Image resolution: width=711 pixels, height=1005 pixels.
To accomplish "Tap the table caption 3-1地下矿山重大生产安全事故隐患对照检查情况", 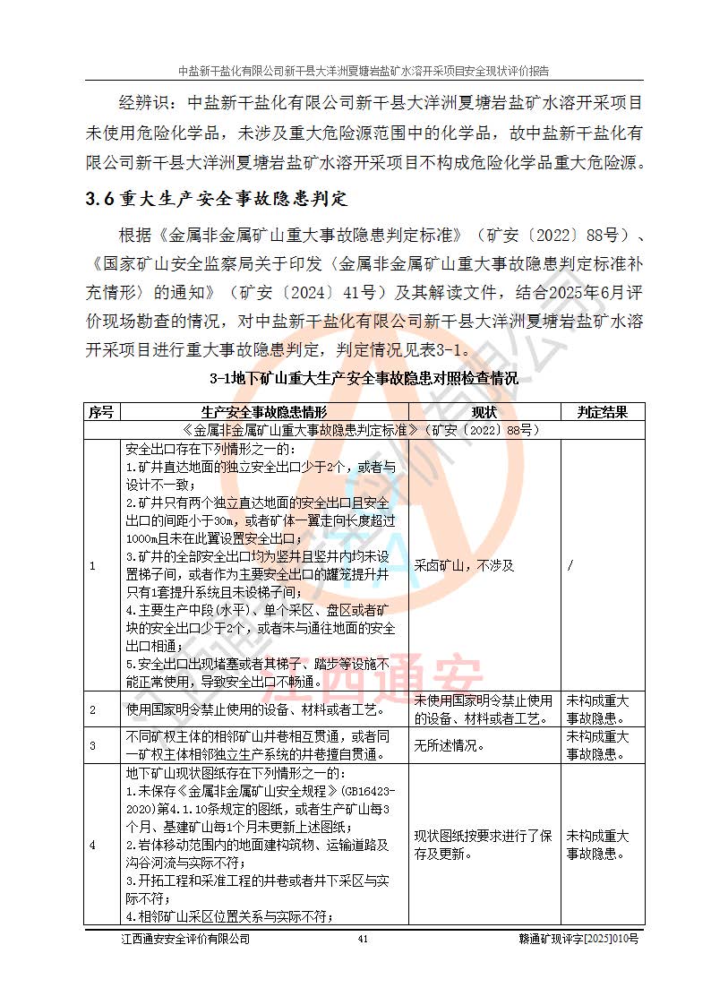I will click(364, 378).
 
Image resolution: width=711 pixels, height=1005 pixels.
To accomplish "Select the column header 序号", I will click(100, 412).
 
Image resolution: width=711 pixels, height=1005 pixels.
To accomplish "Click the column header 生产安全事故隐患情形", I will click(263, 412).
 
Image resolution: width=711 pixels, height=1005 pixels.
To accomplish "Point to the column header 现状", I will click(484, 412).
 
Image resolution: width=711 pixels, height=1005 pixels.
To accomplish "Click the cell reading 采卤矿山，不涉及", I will click(465, 565).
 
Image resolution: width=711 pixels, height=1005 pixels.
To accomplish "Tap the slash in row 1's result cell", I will click(570, 565).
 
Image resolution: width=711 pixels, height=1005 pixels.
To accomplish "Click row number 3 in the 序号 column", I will click(91, 744).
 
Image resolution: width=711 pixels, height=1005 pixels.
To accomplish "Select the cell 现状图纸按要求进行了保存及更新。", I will click(484, 844).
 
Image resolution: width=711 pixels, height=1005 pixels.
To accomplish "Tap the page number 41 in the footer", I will click(363, 939).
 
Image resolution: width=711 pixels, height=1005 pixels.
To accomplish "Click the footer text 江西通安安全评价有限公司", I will click(185, 939).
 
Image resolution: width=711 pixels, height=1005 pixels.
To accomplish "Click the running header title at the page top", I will click(364, 71).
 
